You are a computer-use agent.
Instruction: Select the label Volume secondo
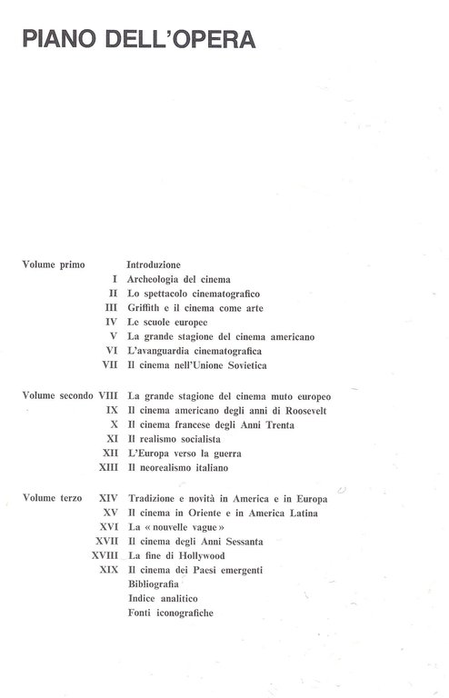pos(56,396)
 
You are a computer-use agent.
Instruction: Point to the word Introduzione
pos(155,264)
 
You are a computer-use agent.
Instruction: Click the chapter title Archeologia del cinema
pos(180,278)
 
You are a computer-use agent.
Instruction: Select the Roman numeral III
pos(112,307)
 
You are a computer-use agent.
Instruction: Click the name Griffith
pos(146,307)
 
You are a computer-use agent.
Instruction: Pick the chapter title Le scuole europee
pos(168,322)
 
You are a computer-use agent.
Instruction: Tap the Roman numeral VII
pos(111,365)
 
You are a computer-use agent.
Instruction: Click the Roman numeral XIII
pos(108,468)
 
